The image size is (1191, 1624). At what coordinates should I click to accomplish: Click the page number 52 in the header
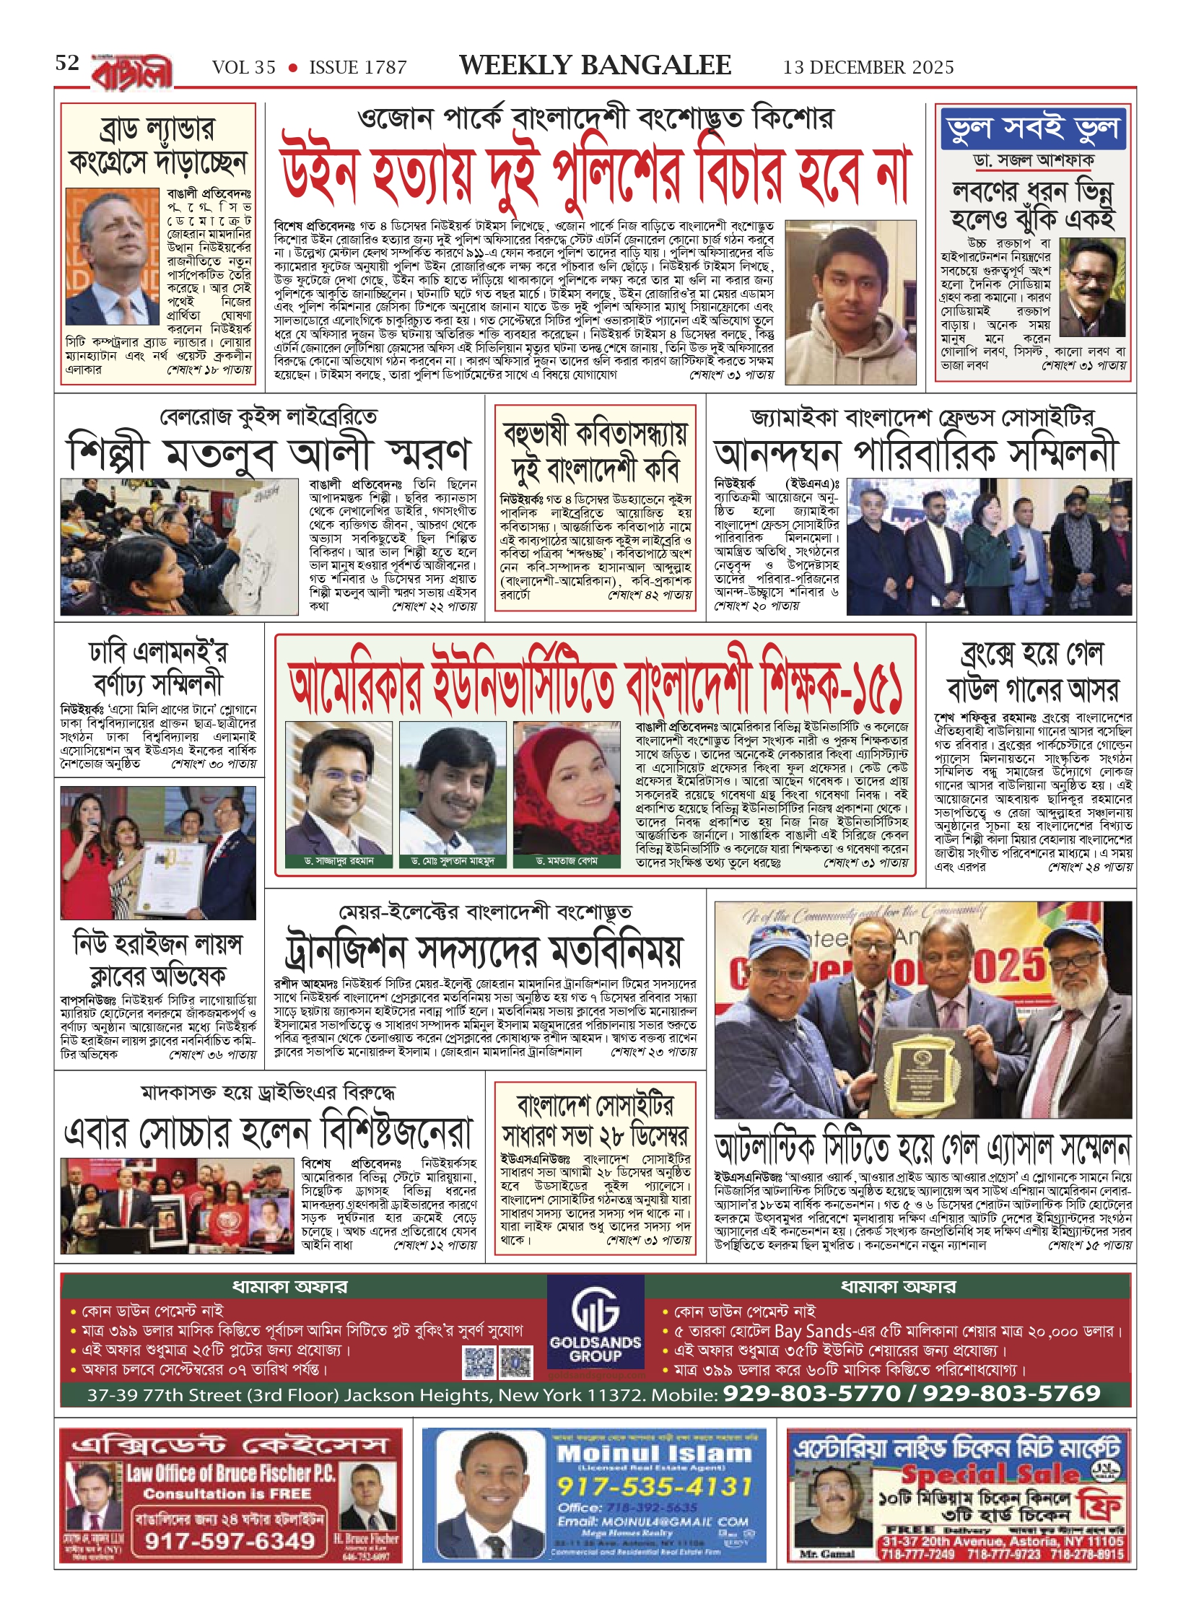(x=67, y=64)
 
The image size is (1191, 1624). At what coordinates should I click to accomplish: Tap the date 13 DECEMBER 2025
(x=868, y=67)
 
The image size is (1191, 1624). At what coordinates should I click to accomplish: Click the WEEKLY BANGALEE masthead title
(x=595, y=66)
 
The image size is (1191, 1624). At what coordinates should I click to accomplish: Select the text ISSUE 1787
(x=358, y=68)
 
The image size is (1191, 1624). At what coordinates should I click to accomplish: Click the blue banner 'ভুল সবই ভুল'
(x=1033, y=128)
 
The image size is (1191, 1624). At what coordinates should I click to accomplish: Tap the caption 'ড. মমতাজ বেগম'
(x=567, y=861)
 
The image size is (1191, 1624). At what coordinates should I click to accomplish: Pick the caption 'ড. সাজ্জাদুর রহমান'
(x=339, y=861)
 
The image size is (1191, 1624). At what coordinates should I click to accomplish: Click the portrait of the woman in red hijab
(x=567, y=787)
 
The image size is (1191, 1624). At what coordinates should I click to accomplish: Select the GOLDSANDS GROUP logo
(x=595, y=1329)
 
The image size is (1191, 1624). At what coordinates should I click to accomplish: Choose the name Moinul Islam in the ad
(x=654, y=1453)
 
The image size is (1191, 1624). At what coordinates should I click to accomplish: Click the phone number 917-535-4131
(x=654, y=1485)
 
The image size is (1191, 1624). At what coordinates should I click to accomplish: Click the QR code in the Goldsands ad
(x=498, y=1362)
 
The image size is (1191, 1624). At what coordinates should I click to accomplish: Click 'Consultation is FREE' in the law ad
(x=227, y=1493)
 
